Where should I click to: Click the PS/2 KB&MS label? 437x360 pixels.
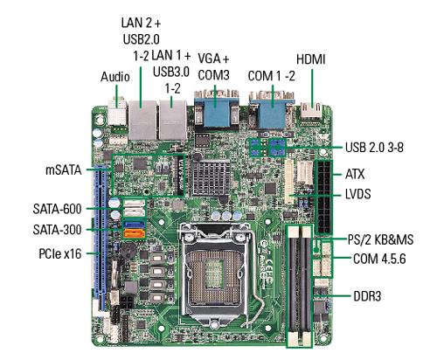pos(378,239)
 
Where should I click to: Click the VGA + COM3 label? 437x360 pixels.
pos(212,67)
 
